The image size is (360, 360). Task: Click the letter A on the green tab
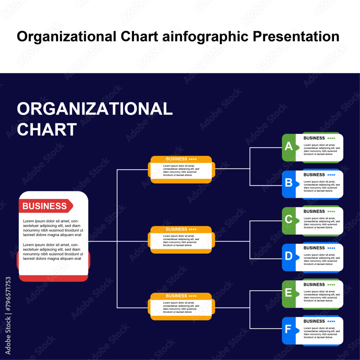(x=289, y=146)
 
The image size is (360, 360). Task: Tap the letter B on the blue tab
(x=289, y=183)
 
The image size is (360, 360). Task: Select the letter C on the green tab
(x=289, y=219)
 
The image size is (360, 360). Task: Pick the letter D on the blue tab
(x=289, y=256)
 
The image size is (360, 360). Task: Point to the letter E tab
(x=289, y=293)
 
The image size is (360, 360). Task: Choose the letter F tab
(x=288, y=329)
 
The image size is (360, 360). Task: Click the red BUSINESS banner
(x=45, y=206)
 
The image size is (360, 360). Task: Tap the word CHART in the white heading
(x=47, y=129)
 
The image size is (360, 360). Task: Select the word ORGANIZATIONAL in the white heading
(x=95, y=109)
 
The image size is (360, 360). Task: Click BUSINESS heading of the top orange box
(x=176, y=159)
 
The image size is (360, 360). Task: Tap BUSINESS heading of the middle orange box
(x=176, y=229)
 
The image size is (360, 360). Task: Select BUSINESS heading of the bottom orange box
(x=176, y=296)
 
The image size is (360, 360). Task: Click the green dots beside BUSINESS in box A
(x=331, y=138)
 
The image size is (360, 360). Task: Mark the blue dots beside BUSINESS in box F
(x=331, y=321)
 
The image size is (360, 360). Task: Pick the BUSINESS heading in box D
(x=314, y=248)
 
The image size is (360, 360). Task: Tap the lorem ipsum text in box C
(x=321, y=223)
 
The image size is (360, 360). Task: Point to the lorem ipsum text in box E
(x=321, y=296)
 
